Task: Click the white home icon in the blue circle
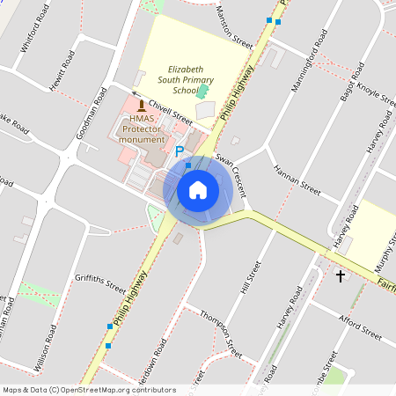(198, 189)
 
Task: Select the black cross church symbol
(341, 276)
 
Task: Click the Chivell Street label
(170, 114)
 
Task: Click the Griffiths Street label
(101, 281)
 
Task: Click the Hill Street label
(252, 277)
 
